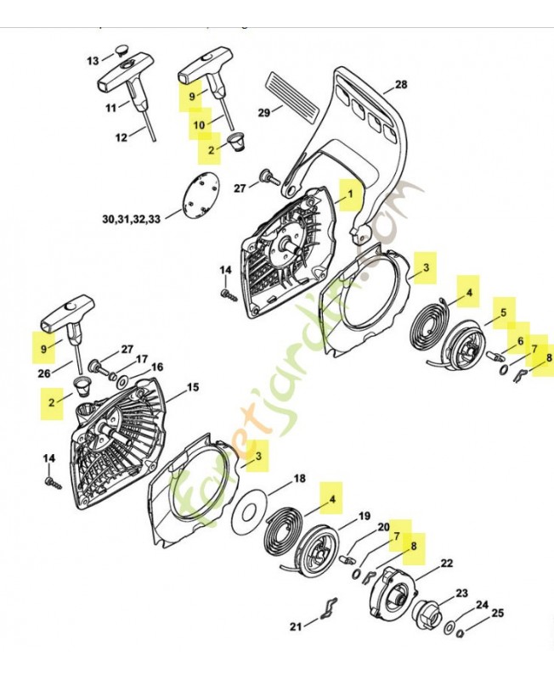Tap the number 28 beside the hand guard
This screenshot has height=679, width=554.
pos(401,84)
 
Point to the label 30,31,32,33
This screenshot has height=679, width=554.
pos(131,218)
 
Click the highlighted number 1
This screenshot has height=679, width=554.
pos(348,194)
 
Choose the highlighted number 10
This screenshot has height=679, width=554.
pos(200,125)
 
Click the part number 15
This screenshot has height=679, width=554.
pos(193,387)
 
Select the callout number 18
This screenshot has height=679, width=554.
pos(299,479)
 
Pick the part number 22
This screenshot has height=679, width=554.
pos(446,563)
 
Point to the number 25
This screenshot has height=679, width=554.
pos(498,612)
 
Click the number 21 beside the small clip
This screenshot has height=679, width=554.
pos(296,626)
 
